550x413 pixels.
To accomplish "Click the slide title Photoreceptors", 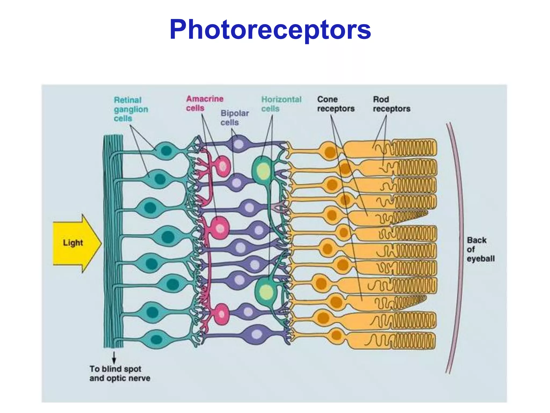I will tap(270, 30).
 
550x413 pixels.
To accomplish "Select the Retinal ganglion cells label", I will tap(131, 109).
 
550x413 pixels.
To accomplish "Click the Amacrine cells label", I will tap(204, 104).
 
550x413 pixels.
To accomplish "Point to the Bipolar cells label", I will tap(234, 118).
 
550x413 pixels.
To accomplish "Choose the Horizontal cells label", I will tap(281, 104).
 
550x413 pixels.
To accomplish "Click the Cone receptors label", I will tap(336, 104).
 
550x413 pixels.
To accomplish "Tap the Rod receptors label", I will tap(391, 104).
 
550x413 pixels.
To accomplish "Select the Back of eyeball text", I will tap(480, 249).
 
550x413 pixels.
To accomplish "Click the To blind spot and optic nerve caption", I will tap(120, 373).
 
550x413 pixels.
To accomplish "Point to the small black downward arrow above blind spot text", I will tap(114, 358).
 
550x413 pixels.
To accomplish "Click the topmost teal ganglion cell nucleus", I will tap(166, 151).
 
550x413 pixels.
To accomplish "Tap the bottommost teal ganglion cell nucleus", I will tap(156, 339).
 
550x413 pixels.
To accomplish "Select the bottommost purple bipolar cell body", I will tap(256, 334).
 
